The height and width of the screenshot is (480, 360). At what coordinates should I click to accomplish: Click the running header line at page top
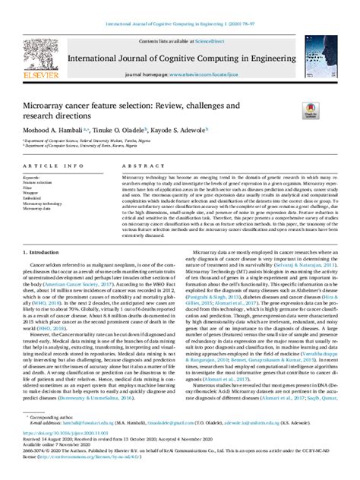click(180, 7)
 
